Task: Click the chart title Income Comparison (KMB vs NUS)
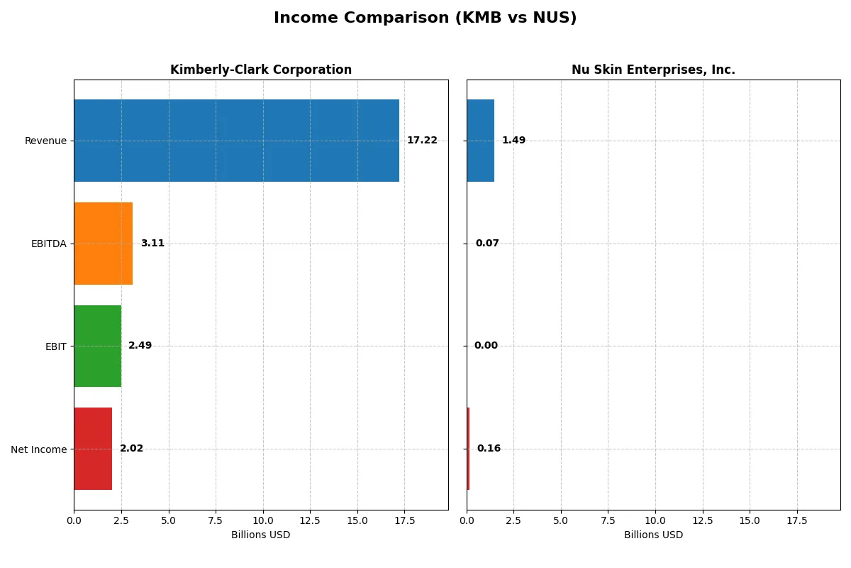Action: pos(425,18)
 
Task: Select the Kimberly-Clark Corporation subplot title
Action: pos(261,70)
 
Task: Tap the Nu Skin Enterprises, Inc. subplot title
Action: pos(653,70)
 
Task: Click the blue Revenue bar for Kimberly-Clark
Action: pos(236,141)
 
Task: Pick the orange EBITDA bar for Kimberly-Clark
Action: pos(103,244)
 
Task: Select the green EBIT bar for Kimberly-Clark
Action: pos(97,346)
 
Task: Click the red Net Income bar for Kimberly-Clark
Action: pos(93,449)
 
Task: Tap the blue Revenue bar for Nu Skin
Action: pos(480,141)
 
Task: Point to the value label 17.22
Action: pos(422,141)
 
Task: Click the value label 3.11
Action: pos(152,244)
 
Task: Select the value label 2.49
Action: pos(140,346)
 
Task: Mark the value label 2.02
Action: pos(131,449)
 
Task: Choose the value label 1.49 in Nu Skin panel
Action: pos(513,141)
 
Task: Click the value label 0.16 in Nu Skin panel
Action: pos(489,449)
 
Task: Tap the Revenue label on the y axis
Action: pos(45,141)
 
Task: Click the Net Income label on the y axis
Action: pos(38,449)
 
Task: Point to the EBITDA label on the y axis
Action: pos(48,244)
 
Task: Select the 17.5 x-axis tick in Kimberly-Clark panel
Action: pos(404,520)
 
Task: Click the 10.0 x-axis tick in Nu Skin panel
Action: pos(655,520)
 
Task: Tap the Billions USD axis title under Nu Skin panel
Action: pos(653,535)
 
